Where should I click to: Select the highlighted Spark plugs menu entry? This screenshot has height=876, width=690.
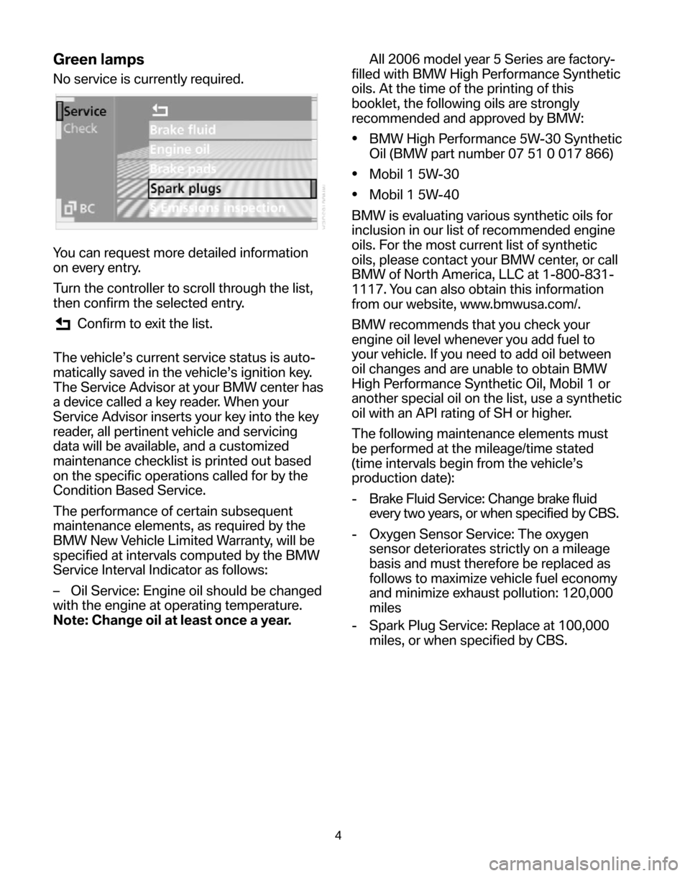point(185,188)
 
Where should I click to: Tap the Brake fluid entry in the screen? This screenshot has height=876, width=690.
point(183,130)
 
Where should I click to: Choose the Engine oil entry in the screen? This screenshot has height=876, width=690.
point(180,150)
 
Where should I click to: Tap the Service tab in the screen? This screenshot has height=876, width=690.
point(84,112)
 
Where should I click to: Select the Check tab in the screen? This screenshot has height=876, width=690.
point(80,129)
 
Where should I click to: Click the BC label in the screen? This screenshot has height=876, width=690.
point(79,209)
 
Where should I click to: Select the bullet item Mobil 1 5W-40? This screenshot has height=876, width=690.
point(413,193)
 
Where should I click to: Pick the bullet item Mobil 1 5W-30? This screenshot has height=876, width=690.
point(413,173)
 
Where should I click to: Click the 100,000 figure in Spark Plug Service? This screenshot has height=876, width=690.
point(575,625)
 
